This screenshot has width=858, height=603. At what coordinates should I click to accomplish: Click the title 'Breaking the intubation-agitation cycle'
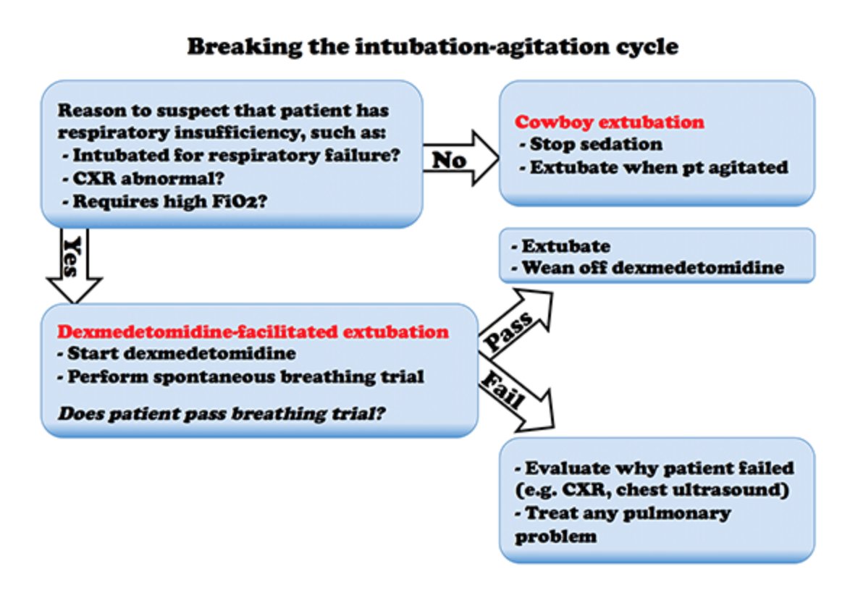click(432, 46)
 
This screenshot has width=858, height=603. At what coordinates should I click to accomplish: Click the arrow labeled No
click(460, 158)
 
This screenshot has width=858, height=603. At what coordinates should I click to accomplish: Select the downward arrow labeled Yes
click(75, 266)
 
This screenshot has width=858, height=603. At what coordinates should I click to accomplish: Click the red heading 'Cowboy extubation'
click(609, 122)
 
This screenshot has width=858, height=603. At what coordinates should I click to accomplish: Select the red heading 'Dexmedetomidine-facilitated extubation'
click(253, 332)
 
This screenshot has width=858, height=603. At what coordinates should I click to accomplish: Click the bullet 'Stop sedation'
click(591, 145)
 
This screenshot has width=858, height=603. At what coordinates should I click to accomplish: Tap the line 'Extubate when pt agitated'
click(654, 167)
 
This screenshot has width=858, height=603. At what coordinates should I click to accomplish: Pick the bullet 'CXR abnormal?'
click(143, 178)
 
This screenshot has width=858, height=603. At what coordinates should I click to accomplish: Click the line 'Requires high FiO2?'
click(164, 201)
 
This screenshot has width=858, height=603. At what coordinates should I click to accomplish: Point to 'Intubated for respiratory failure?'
click(232, 156)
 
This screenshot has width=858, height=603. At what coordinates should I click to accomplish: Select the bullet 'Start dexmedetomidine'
click(176, 353)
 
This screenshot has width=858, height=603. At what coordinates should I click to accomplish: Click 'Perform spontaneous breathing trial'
click(241, 377)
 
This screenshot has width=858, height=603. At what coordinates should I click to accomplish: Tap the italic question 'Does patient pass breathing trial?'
click(222, 413)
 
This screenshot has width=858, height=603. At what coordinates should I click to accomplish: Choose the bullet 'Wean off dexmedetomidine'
click(648, 268)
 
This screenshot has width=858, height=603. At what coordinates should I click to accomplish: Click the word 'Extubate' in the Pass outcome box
click(565, 246)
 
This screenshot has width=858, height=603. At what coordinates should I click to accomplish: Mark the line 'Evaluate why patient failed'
click(655, 468)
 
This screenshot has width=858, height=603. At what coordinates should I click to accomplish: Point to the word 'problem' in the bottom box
click(555, 536)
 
